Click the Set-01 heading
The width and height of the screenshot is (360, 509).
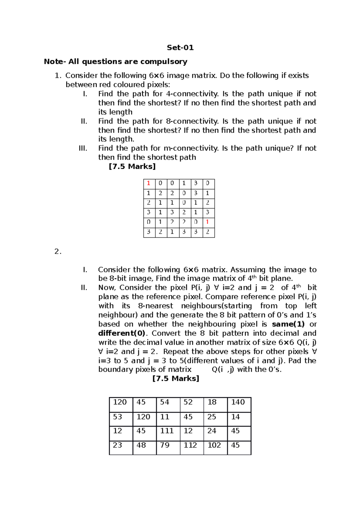tap(180, 48)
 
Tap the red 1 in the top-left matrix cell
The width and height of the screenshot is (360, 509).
tap(148, 183)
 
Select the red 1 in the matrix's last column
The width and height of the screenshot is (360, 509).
tap(207, 222)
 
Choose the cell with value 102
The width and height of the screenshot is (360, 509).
tap(215, 447)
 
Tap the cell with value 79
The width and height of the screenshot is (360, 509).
tap(168, 447)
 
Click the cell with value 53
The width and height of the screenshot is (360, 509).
tap(121, 419)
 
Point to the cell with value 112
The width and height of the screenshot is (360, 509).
tap(191, 447)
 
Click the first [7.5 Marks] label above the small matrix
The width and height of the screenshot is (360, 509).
tap(132, 166)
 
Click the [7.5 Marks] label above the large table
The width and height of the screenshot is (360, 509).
tap(176, 379)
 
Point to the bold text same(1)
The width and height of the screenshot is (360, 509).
tap(288, 324)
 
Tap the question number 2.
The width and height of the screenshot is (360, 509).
tap(58, 252)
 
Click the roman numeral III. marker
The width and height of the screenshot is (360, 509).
tap(83, 148)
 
